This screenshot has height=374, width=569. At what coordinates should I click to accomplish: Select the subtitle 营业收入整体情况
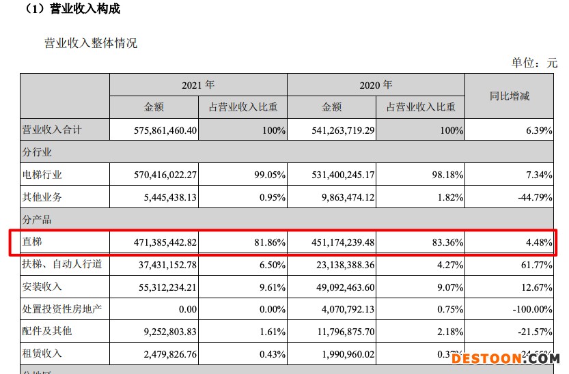(91, 43)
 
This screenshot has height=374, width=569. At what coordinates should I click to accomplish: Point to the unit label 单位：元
(534, 63)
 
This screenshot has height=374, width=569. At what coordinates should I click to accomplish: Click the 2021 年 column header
(198, 85)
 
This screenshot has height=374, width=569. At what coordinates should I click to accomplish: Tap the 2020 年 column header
(376, 85)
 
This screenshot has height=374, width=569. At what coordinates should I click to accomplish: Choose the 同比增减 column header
(510, 96)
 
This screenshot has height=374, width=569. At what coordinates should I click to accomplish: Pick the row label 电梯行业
(42, 175)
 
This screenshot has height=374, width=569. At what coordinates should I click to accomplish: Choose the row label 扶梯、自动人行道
(62, 263)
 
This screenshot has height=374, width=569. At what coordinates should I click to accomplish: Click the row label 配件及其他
(47, 331)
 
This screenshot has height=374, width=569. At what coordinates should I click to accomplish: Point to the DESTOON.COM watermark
(505, 358)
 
